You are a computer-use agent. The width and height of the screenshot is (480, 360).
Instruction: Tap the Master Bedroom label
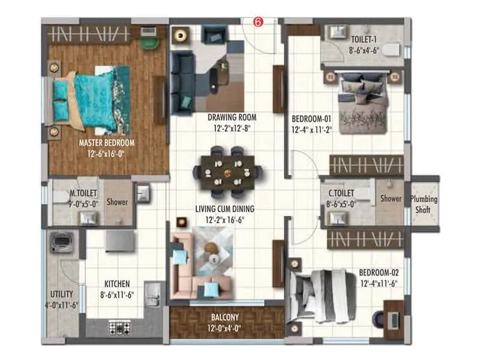pyautogui.click(x=107, y=143)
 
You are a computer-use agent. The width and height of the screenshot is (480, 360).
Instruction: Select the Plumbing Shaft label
pyautogui.click(x=424, y=205)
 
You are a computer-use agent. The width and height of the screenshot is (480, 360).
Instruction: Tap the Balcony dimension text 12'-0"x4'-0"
pyautogui.click(x=225, y=329)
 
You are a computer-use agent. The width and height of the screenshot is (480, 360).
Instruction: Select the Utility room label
pyautogui.click(x=62, y=294)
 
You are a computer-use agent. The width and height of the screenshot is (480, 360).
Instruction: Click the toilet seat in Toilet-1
pyautogui.click(x=391, y=50)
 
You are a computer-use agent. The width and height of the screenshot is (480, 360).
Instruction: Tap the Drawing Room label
pyautogui.click(x=232, y=117)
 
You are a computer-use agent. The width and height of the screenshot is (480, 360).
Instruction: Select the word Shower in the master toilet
pyautogui.click(x=117, y=202)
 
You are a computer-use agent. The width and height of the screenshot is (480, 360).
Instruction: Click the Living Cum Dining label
pyautogui.click(x=225, y=209)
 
